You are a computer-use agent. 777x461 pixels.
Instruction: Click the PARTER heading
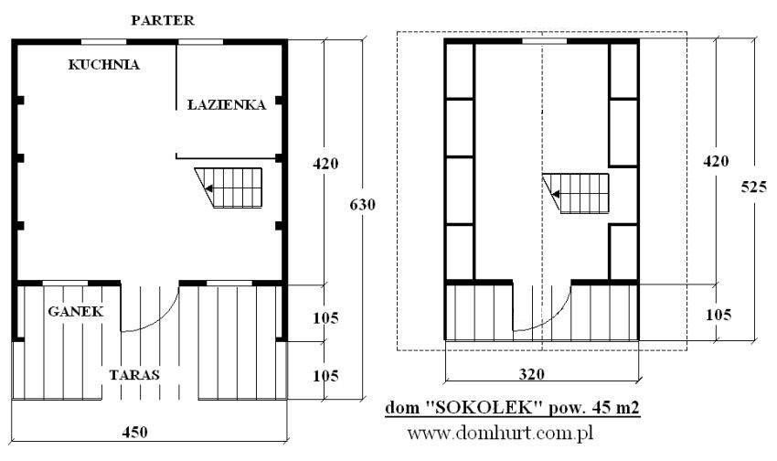163,20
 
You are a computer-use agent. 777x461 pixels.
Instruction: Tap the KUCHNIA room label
104,64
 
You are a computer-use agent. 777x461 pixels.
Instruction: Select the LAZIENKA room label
227,104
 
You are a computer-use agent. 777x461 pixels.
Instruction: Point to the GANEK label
76,311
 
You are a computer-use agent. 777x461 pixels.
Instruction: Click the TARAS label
134,374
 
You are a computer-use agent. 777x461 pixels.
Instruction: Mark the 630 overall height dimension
362,204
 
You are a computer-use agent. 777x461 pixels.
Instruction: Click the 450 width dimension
134,432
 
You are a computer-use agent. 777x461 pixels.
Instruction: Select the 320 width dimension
532,374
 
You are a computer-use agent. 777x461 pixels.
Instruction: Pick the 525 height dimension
754,187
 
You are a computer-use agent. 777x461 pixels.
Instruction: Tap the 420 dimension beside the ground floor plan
325,163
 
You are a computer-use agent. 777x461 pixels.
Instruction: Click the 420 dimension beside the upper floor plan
716,161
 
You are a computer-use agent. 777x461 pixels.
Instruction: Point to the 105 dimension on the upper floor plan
718,315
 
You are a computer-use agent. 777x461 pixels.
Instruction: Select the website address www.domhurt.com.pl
501,434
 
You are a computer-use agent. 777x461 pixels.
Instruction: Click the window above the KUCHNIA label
103,42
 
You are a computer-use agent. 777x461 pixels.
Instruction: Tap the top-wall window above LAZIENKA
200,42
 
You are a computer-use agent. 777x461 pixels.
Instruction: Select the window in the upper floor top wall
545,42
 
